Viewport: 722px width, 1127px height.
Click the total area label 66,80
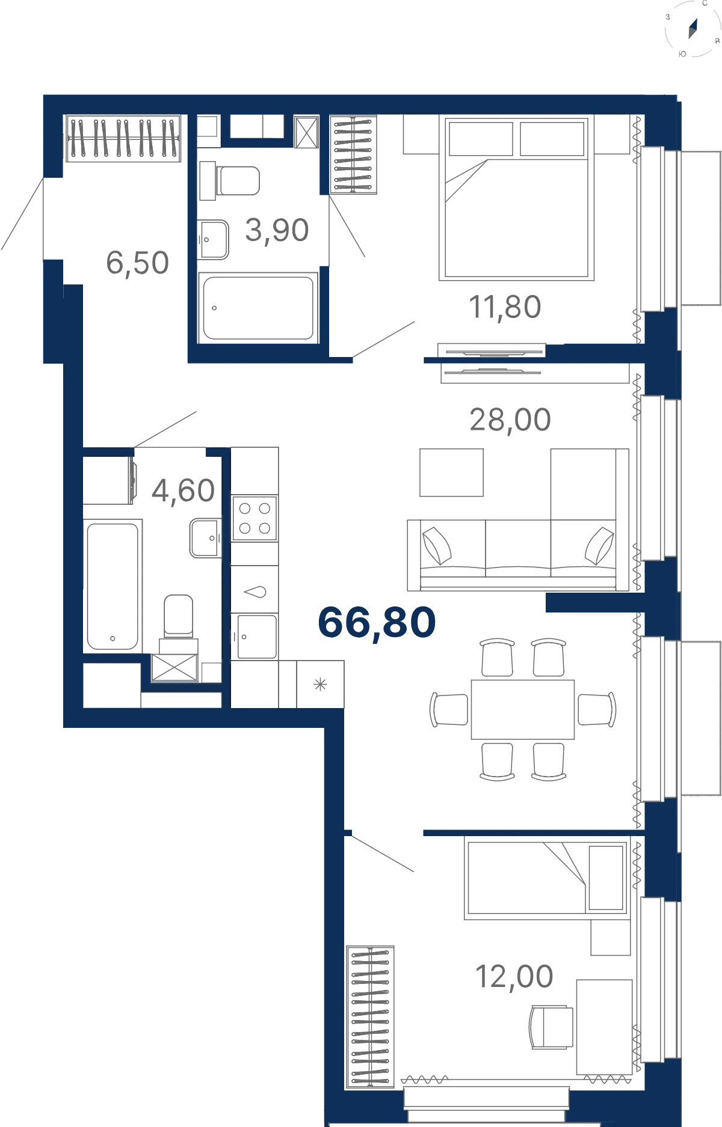(x=377, y=623)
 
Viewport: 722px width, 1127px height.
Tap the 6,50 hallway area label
(x=138, y=263)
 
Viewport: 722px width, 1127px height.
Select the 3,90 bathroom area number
(x=277, y=230)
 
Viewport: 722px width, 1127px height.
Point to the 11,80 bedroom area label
(x=505, y=307)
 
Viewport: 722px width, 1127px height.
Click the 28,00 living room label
(x=510, y=420)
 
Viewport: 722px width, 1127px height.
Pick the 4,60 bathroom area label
(x=184, y=490)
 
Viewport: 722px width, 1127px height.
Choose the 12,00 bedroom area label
(x=514, y=977)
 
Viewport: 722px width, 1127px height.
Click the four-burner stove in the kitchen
(x=255, y=518)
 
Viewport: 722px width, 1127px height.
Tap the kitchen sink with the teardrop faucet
(x=255, y=592)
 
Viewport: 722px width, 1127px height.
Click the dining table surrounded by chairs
(x=523, y=709)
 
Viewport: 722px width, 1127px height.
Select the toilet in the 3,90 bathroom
(x=230, y=180)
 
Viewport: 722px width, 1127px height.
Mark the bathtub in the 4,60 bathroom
(x=113, y=587)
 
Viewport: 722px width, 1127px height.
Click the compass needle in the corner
(x=693, y=28)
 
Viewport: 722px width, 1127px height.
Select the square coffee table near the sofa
(x=451, y=472)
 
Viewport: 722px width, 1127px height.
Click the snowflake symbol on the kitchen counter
(x=320, y=684)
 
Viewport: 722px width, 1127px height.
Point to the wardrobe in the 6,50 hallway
(x=123, y=138)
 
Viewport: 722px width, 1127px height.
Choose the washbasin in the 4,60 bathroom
(x=206, y=538)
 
